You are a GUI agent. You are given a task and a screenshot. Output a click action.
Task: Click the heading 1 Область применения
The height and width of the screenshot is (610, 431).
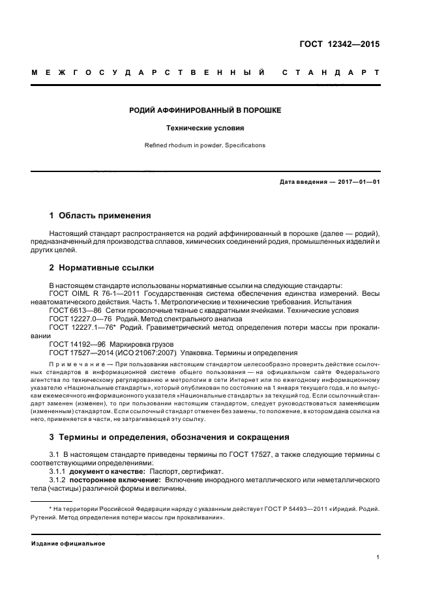[x=100, y=215]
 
